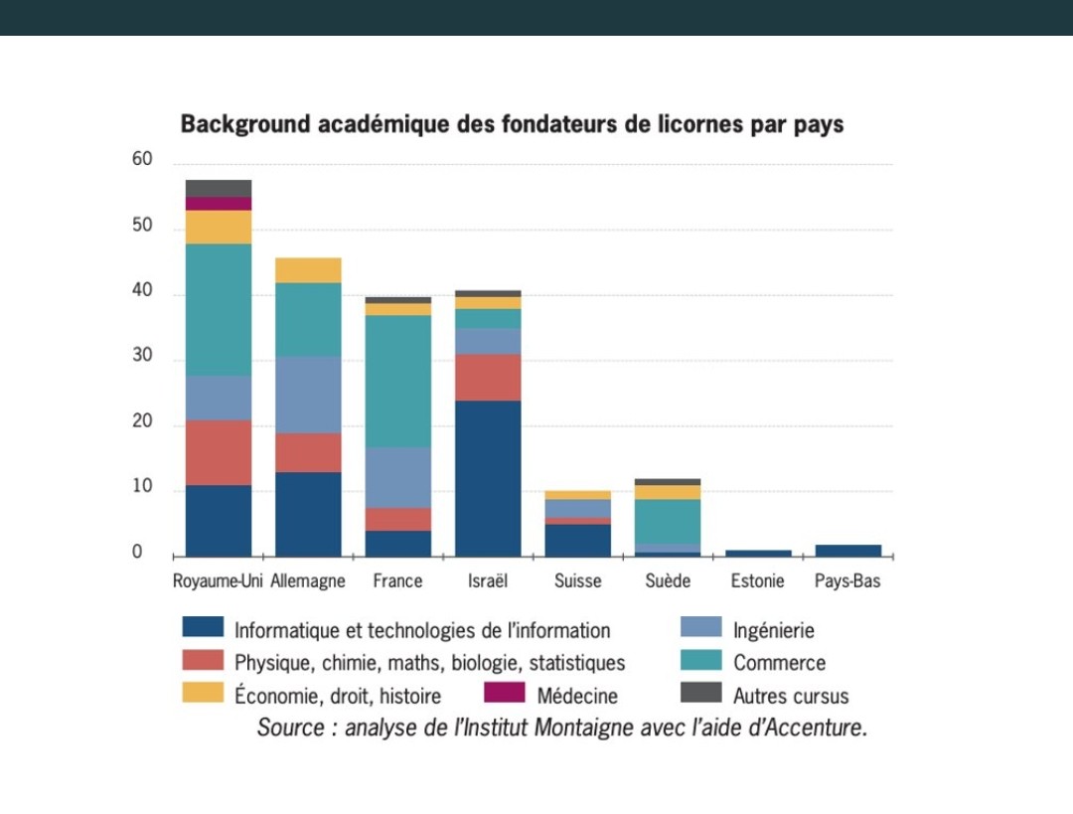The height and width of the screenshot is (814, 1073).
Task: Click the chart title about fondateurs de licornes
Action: pos(512,125)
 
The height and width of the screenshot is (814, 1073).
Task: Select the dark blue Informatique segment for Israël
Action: pos(488,478)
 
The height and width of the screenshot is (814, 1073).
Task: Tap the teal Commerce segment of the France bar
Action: pos(397,381)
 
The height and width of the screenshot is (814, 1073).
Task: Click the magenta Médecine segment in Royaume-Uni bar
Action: pos(219,204)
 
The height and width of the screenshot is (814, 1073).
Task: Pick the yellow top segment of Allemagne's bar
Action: pos(308,270)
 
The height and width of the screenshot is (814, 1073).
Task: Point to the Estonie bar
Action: pos(759,553)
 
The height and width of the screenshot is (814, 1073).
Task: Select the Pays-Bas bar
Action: pos(848,551)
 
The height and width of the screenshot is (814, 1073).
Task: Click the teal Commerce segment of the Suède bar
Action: pos(668,522)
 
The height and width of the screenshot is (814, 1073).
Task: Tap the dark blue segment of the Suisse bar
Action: pos(577,540)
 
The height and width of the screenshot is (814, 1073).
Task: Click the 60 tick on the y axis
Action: pos(142,160)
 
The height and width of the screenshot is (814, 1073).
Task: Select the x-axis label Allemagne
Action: pos(308,581)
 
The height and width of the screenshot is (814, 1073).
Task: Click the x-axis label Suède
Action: pos(667,581)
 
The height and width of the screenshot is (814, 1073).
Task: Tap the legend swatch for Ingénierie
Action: pos(700,628)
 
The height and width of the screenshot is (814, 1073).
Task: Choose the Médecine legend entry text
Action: pos(577,696)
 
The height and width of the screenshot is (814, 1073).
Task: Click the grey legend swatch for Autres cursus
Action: pos(700,693)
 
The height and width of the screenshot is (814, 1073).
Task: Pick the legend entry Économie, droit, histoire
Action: pos(337,696)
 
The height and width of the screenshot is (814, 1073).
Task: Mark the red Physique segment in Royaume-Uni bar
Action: pos(219,452)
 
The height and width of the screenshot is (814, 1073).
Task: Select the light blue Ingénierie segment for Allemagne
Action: pos(308,395)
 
